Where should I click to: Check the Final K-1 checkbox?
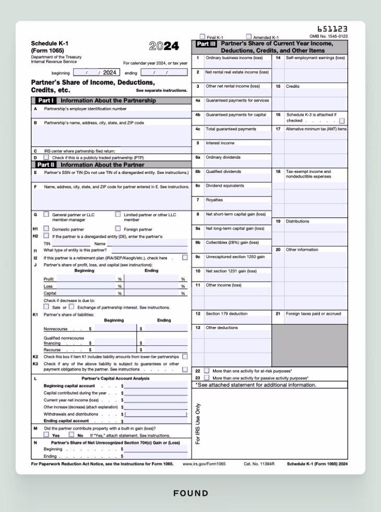(x=203, y=37)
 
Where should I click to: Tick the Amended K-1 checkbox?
(x=248, y=37)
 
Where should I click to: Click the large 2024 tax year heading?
(x=164, y=46)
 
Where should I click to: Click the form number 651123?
(x=332, y=29)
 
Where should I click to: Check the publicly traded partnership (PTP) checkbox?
(x=46, y=157)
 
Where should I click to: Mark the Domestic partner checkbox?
(x=46, y=229)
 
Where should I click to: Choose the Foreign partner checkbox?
(x=117, y=229)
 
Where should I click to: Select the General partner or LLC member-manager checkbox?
(x=46, y=214)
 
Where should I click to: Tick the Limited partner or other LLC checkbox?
(x=117, y=214)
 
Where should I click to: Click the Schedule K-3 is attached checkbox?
(x=342, y=121)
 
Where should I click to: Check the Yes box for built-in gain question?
(x=46, y=435)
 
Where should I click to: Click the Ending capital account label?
(x=66, y=421)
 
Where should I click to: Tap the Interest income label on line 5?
(x=220, y=143)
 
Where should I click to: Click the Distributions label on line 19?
(x=297, y=222)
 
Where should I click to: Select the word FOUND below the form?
(x=190, y=493)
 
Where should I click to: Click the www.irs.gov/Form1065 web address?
(x=204, y=463)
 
